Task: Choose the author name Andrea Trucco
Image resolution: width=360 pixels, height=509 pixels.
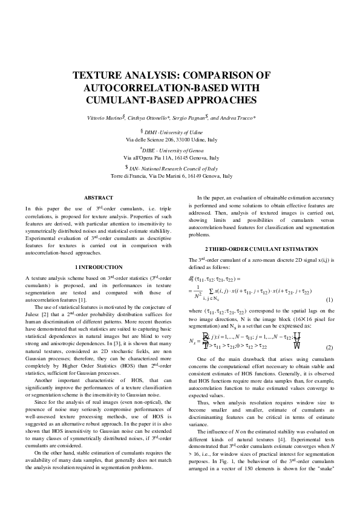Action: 245,117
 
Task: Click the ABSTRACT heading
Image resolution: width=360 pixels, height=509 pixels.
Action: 98,198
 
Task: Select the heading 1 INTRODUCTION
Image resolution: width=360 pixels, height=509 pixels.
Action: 98,267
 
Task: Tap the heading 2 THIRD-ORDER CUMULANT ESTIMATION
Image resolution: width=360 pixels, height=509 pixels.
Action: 261,249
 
